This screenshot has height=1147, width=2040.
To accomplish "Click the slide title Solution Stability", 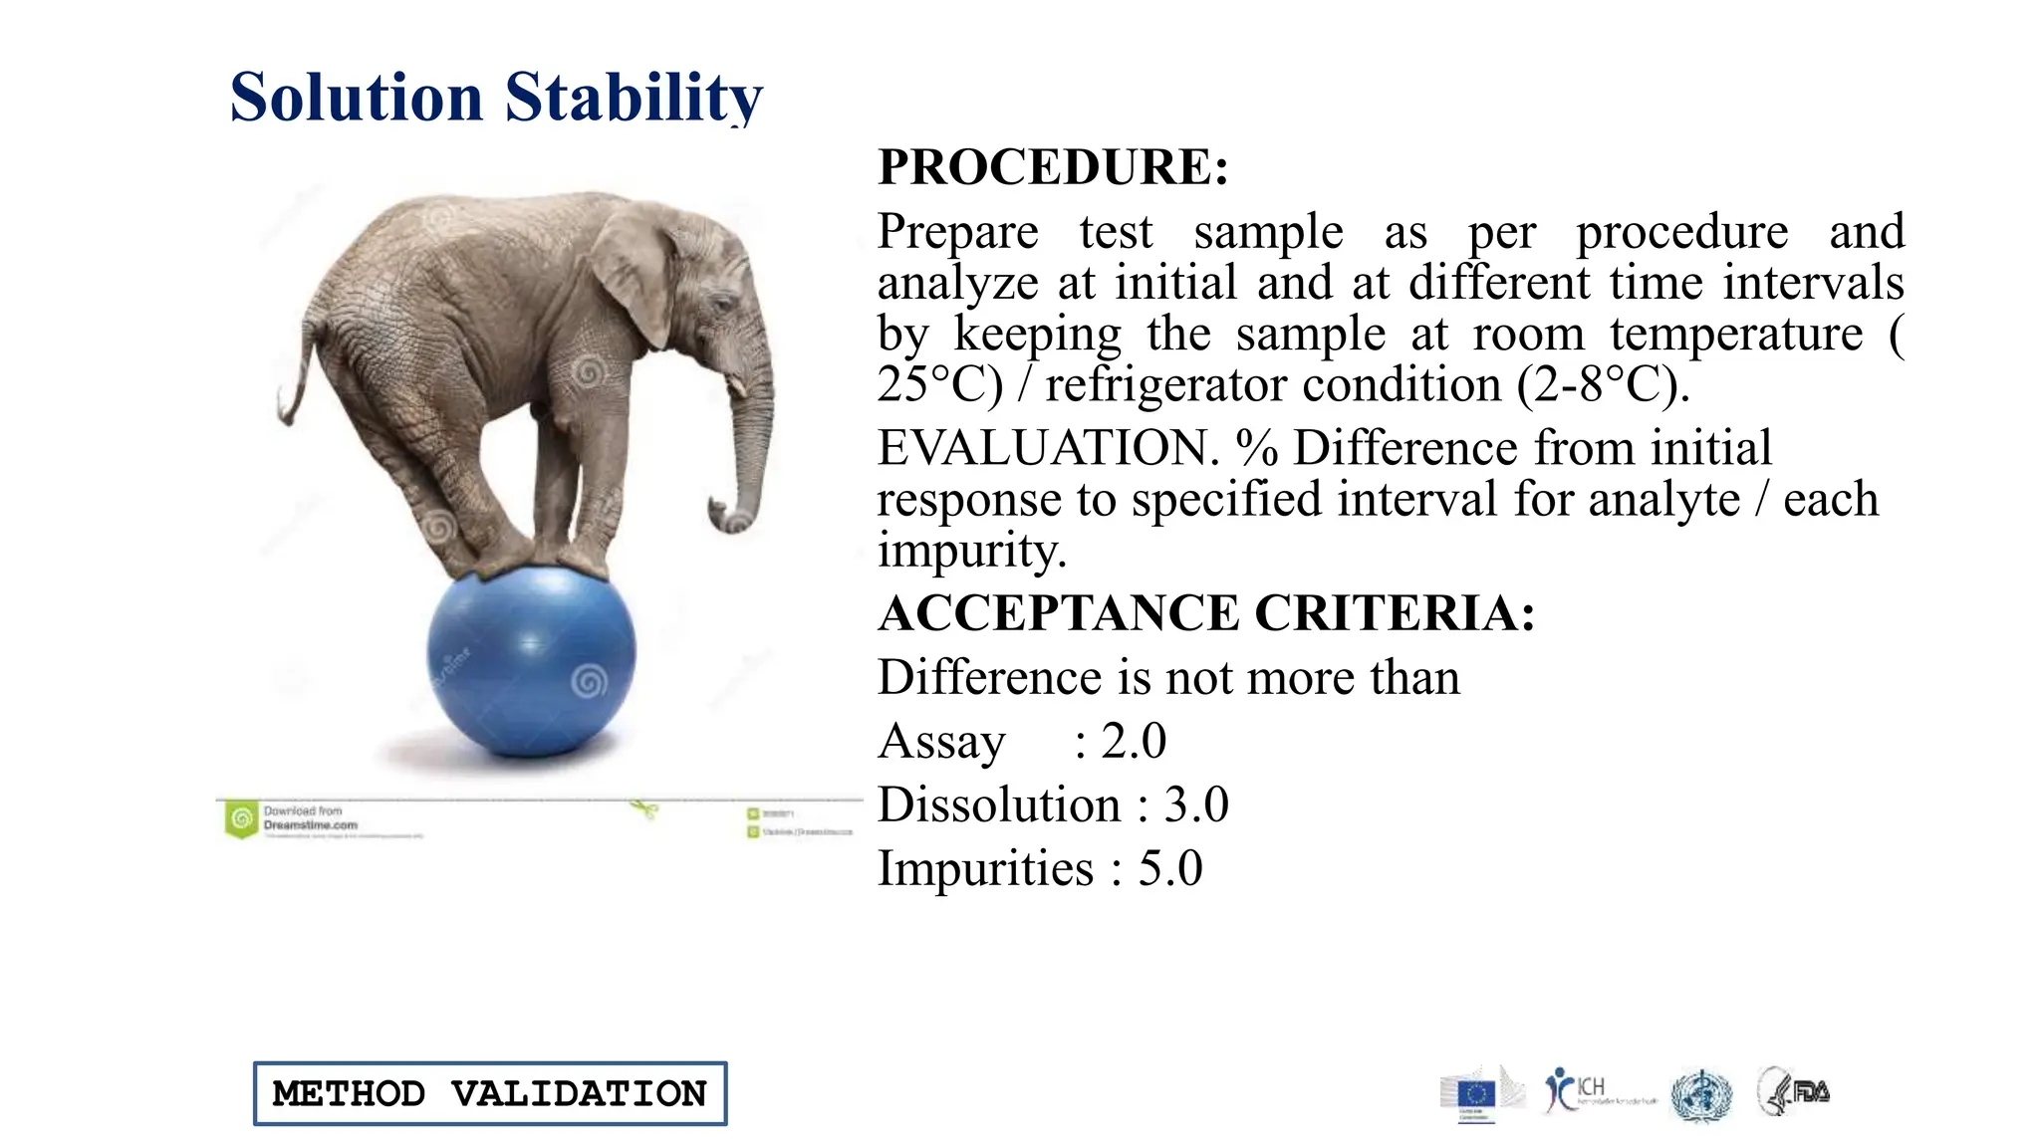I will point(495,98).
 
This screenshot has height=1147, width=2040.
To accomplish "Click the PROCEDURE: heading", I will point(1052,166).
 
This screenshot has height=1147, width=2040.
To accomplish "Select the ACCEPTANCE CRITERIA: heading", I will point(1205,612).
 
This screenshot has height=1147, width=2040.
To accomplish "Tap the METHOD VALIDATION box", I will point(490,1093).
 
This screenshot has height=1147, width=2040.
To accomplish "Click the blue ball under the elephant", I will point(531,662).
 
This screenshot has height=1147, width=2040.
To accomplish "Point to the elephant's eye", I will point(720,303).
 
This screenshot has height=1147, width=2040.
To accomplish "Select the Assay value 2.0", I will point(1134,741).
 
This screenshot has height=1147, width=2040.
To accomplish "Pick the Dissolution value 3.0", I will point(1196,804).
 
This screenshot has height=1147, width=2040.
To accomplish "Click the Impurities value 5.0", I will point(1170,868).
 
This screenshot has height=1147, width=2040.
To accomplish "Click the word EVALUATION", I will point(1047,448).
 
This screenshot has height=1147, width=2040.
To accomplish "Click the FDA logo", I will point(1796,1091).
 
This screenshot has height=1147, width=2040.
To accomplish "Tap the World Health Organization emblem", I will point(1702,1095).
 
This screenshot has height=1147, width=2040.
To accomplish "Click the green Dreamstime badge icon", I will point(241,819).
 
